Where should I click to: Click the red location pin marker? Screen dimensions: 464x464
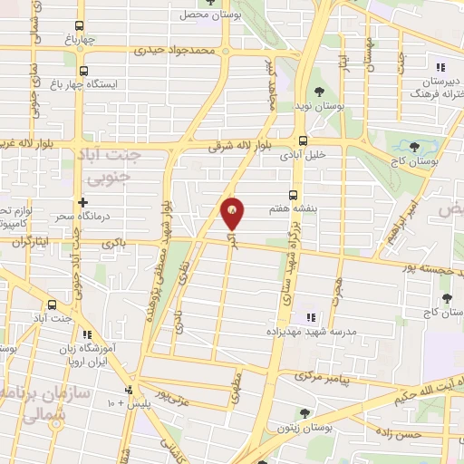pyautogui.click(x=233, y=213)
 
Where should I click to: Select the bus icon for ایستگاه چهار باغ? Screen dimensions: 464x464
pyautogui.click(x=84, y=71)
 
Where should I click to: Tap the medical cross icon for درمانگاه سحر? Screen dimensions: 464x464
pyautogui.click(x=82, y=203)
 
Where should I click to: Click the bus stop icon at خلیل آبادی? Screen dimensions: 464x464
pyautogui.click(x=303, y=140)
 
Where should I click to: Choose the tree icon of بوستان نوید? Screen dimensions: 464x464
pyautogui.click(x=319, y=90)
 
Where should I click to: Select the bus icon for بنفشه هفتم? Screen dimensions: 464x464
pyautogui.click(x=292, y=194)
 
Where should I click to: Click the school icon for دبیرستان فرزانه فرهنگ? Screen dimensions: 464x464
pyautogui.click(x=440, y=67)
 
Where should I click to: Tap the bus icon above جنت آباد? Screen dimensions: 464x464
pyautogui.click(x=52, y=304)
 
